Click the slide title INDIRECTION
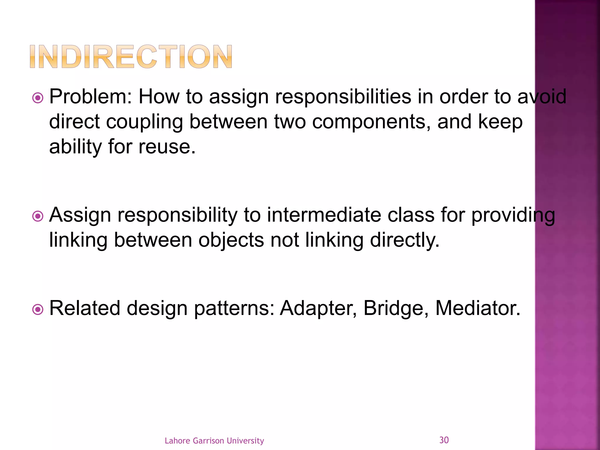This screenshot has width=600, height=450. (x=131, y=57)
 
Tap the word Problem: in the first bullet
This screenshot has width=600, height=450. (x=91, y=97)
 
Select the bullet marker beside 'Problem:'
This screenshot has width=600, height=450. (x=38, y=98)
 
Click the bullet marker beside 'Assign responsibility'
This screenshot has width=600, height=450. (x=38, y=217)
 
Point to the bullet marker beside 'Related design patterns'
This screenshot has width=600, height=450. (x=38, y=309)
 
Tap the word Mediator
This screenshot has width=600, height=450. (x=478, y=308)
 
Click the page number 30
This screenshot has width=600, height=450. (x=444, y=440)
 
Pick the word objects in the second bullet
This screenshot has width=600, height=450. (x=231, y=240)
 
